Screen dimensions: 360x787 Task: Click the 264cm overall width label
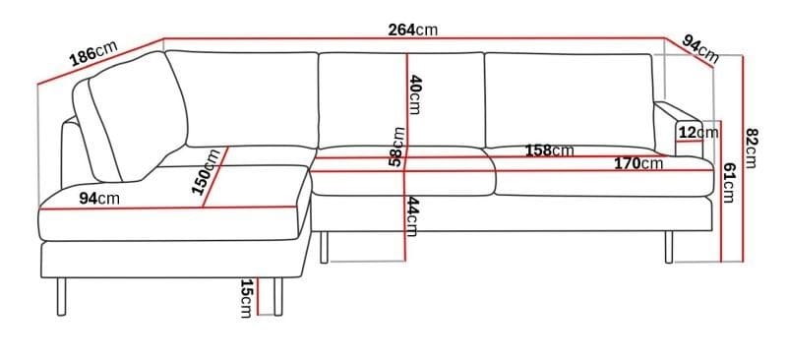[x=412, y=30]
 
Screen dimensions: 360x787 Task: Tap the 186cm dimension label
[x=93, y=55]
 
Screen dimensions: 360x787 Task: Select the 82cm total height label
[x=753, y=149]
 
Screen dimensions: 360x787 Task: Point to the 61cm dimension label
[x=729, y=183]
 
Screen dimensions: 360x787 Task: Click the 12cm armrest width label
[x=697, y=132]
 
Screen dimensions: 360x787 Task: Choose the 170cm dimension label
[x=638, y=163]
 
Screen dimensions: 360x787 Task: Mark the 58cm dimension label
[x=396, y=146]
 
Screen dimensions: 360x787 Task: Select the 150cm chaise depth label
[x=208, y=172]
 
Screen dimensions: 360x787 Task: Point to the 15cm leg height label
[x=246, y=298]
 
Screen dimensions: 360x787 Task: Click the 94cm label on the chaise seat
[x=99, y=199]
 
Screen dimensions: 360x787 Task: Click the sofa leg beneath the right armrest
[x=669, y=247]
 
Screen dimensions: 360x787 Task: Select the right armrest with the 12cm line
[x=680, y=128]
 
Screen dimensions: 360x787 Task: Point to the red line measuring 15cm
[x=258, y=296]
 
